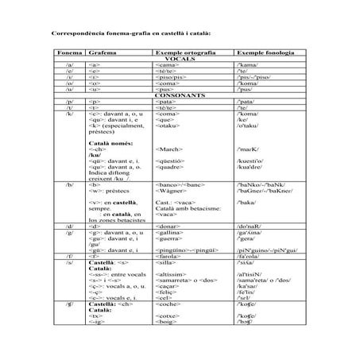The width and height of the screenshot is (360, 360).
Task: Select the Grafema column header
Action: pyautogui.click(x=103, y=52)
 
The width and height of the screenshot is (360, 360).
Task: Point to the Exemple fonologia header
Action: pyautogui.click(x=261, y=52)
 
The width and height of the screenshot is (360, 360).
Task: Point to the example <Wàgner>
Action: pyautogui.click(x=171, y=192)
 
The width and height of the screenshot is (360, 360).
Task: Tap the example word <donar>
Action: pyautogui.click(x=166, y=226)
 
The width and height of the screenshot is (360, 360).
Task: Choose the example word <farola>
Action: pyautogui.click(x=168, y=257)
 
